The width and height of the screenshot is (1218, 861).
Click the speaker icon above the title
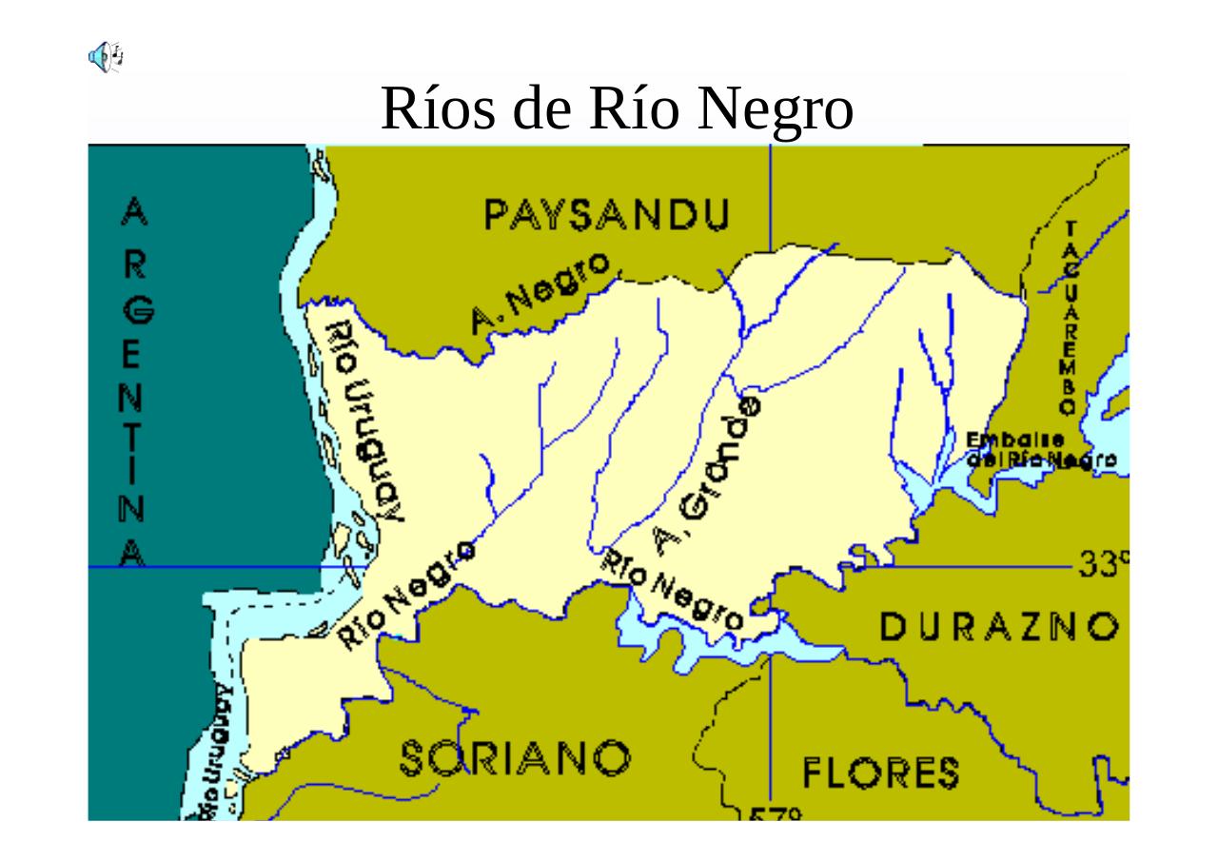(x=106, y=57)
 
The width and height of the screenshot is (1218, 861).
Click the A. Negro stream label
(x=540, y=293)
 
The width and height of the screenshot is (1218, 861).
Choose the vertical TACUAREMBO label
(x=1070, y=318)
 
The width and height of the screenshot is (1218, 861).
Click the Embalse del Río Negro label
(x=1040, y=451)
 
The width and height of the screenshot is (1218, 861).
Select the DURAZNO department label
(x=998, y=627)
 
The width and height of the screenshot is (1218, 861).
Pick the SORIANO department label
(x=514, y=758)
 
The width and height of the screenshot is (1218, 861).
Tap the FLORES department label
(x=881, y=773)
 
